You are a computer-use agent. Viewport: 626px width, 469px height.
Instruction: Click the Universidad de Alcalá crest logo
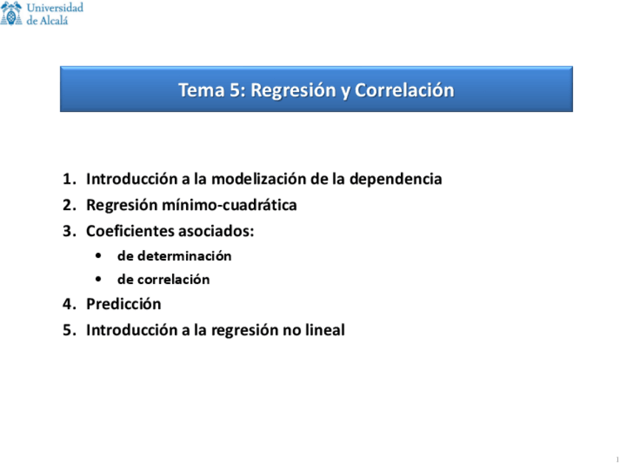click(x=13, y=13)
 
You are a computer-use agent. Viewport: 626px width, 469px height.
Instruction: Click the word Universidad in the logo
click(x=55, y=7)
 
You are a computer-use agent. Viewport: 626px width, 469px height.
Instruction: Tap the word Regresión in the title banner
click(x=292, y=90)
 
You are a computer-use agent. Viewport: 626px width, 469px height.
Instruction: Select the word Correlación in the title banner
click(x=404, y=90)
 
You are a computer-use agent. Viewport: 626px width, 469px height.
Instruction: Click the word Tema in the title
click(x=197, y=90)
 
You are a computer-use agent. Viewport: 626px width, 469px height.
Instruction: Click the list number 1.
click(x=68, y=179)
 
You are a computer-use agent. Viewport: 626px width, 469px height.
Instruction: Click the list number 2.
click(x=68, y=205)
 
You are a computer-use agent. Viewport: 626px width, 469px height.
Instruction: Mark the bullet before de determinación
click(x=99, y=256)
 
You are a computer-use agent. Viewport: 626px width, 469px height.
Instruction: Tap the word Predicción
click(x=123, y=304)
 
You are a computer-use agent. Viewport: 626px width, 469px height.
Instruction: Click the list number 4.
click(x=68, y=304)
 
